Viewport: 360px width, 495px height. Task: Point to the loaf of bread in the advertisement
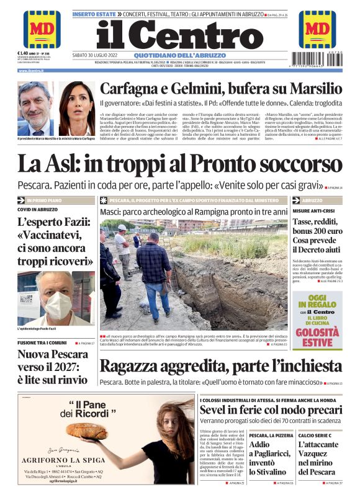point(86,430)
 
